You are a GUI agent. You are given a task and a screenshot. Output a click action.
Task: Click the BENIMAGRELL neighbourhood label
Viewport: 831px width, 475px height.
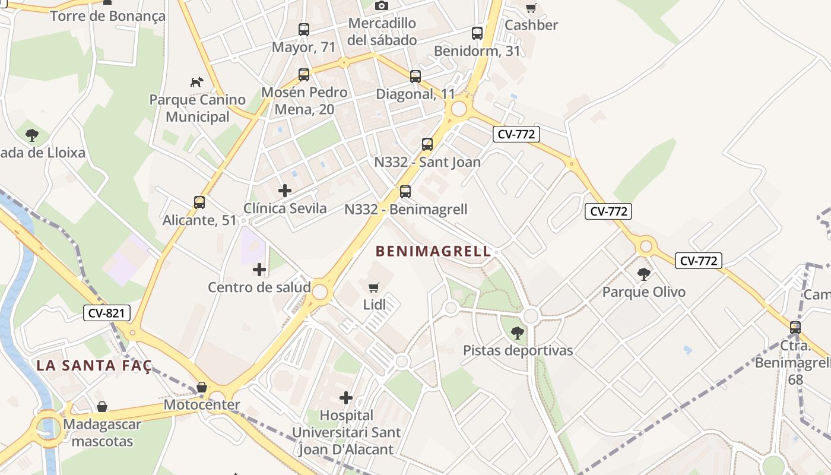pyautogui.click(x=434, y=251)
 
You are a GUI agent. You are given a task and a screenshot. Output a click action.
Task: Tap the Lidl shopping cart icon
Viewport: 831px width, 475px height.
pyautogui.click(x=373, y=288)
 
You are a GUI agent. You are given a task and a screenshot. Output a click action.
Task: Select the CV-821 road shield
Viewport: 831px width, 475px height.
pyautogui.click(x=107, y=313)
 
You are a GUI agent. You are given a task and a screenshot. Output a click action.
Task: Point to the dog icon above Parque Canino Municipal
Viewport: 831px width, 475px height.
pyautogui.click(x=196, y=82)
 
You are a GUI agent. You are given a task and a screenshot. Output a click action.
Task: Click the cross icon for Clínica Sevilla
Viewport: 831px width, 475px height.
pyautogui.click(x=285, y=191)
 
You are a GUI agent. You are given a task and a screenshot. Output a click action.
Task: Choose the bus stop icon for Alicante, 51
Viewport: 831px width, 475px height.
pyautogui.click(x=199, y=202)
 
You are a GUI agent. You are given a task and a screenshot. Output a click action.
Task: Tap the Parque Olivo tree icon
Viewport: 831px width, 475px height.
pyautogui.click(x=643, y=274)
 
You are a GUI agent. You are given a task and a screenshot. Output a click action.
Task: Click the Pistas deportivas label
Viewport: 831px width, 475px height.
pyautogui.click(x=518, y=350)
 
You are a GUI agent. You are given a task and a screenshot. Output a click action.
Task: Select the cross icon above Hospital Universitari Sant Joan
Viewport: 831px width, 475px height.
pyautogui.click(x=346, y=398)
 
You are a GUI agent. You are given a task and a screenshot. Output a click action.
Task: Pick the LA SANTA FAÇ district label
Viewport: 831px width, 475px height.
pyautogui.click(x=94, y=365)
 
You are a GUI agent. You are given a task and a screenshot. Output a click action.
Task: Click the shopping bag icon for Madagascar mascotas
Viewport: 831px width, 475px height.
pyautogui.click(x=102, y=407)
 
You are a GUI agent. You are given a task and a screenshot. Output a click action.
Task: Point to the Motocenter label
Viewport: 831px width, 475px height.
pyautogui.click(x=202, y=405)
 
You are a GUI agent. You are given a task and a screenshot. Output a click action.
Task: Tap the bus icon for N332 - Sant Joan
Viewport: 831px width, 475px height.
pyautogui.click(x=427, y=144)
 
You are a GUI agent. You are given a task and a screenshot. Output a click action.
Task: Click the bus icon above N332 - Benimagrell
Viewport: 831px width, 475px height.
pyautogui.click(x=405, y=191)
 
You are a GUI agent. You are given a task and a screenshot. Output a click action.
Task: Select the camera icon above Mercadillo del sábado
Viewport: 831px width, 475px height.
pyautogui.click(x=382, y=6)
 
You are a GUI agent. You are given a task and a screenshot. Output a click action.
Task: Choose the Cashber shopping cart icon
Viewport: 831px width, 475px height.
pyautogui.click(x=531, y=8)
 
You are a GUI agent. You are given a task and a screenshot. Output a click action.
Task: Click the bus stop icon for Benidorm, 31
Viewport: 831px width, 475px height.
pyautogui.click(x=477, y=33)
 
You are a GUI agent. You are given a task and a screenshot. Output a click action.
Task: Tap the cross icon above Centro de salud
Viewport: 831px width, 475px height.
pyautogui.click(x=259, y=270)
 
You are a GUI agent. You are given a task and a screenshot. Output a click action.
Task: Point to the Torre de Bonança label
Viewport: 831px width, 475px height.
pyautogui.click(x=108, y=16)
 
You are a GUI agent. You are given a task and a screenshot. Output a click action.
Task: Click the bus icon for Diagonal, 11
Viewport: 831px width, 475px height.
pyautogui.click(x=415, y=76)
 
